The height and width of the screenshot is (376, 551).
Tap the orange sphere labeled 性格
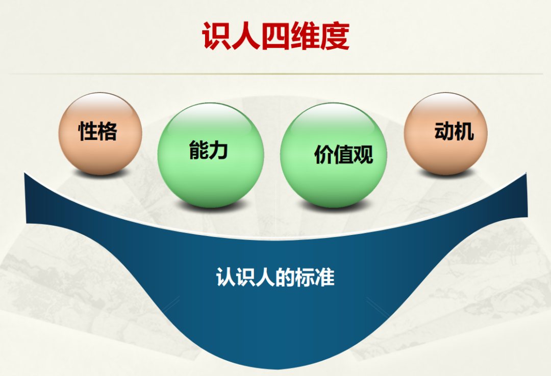click(x=100, y=134)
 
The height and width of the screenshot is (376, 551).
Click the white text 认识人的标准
click(x=275, y=277)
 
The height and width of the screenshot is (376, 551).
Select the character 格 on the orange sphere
click(x=108, y=131)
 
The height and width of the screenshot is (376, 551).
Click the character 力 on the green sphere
click(x=218, y=151)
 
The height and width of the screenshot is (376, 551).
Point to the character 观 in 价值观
click(x=364, y=155)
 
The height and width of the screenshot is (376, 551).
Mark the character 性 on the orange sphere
click(x=88, y=131)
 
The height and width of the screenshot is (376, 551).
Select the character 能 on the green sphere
click(x=199, y=151)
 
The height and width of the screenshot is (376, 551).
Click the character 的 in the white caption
click(x=285, y=277)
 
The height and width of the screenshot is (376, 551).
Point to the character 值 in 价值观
click(x=344, y=155)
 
